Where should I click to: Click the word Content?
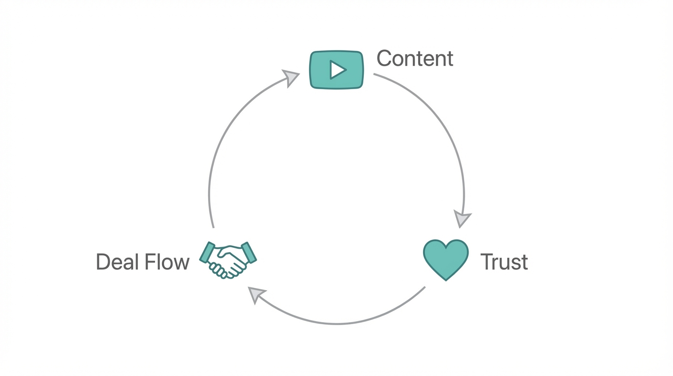pos(415,59)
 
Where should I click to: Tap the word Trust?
pos(504,262)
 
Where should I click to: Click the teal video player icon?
pos(336,70)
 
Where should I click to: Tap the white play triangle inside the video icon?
pos(337,70)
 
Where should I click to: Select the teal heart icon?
pos(446,258)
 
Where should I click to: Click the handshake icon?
pos(228,260)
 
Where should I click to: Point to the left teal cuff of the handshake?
pos(207,252)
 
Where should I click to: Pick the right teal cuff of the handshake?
pos(249,252)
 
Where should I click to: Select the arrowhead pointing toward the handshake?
pos(256,294)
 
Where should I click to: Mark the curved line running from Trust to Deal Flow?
pos(337,324)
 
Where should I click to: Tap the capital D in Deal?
pos(104,262)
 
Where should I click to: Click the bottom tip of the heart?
pos(446,280)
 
